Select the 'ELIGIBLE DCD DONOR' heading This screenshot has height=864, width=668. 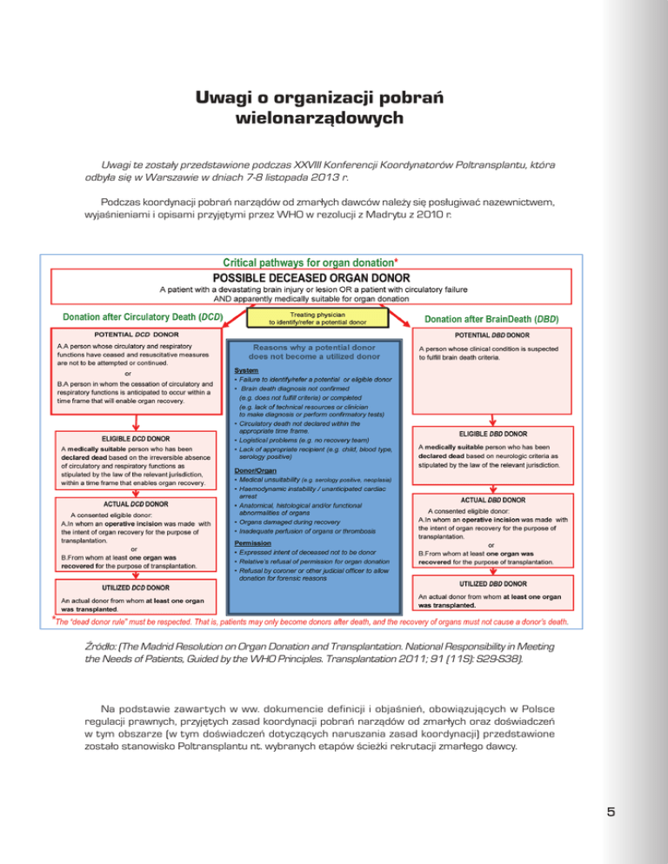click(x=136, y=439)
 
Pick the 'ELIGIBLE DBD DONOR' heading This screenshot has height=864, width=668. click(x=493, y=433)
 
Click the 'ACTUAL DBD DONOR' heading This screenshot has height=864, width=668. click(x=492, y=500)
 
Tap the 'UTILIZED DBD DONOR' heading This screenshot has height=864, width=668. click(x=492, y=582)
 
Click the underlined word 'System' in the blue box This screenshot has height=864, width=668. click(x=246, y=370)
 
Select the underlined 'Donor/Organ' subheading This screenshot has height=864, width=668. click(x=257, y=470)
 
